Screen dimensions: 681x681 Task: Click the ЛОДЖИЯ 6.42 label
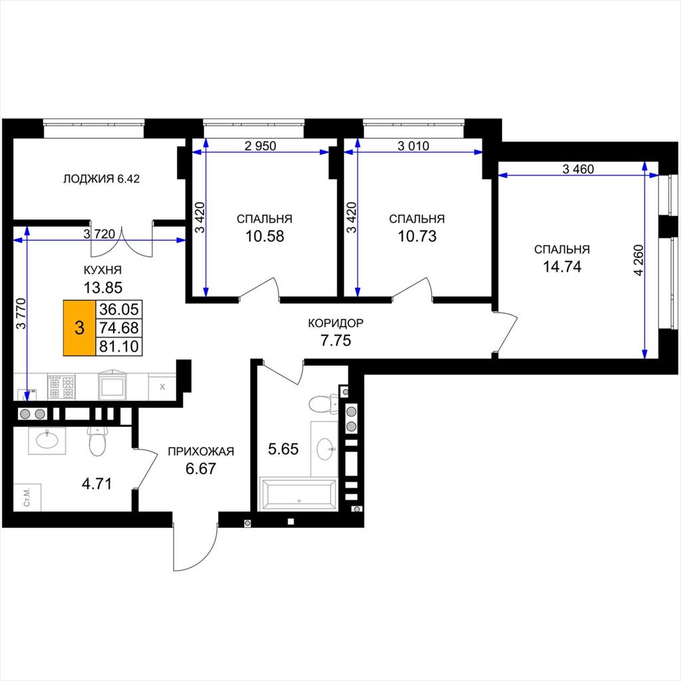tap(102, 179)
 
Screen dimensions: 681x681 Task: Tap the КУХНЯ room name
tap(102, 270)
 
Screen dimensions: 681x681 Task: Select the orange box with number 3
tap(79, 327)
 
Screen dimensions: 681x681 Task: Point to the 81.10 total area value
tap(119, 346)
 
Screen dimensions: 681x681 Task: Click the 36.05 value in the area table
tap(119, 309)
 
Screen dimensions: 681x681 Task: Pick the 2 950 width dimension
tap(260, 146)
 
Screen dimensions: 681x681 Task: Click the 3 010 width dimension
tap(413, 146)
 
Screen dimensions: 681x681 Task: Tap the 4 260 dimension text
tap(638, 261)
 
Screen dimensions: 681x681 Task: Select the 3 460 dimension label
tap(578, 169)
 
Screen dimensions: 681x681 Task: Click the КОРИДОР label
tap(336, 323)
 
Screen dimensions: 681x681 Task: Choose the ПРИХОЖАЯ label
tap(201, 452)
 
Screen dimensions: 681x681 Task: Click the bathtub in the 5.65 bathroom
tap(298, 494)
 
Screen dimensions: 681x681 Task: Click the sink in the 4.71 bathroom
tap(47, 440)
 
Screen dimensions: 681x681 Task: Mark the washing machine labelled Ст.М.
tap(27, 497)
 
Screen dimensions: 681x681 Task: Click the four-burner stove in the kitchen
tap(61, 387)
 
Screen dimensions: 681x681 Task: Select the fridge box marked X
tap(162, 387)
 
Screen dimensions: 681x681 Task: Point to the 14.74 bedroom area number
tap(562, 267)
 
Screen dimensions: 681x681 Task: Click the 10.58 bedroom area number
tap(265, 236)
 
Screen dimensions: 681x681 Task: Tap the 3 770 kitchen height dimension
tap(21, 313)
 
